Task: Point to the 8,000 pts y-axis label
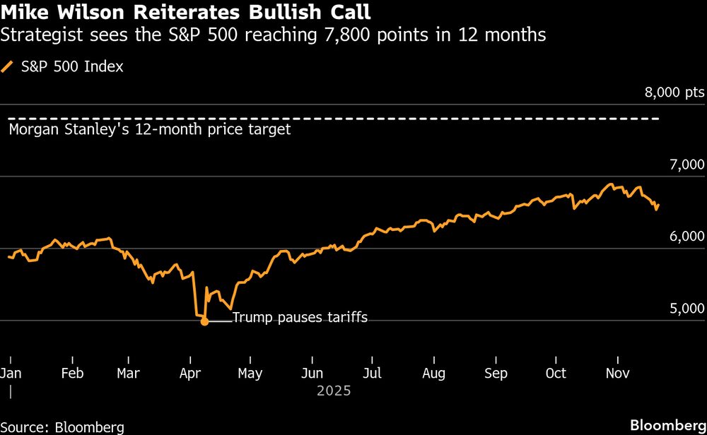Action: coord(674,93)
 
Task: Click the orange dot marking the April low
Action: coord(204,321)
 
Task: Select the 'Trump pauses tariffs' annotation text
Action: coord(300,318)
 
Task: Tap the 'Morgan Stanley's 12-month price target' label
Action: coord(149,130)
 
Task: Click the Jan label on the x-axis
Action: coord(11,373)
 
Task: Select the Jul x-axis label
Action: coord(373,373)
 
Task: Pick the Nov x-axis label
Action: coord(618,373)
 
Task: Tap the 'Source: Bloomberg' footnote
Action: coord(62,427)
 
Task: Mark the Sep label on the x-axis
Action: coord(496,373)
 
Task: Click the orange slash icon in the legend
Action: coord(8,67)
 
